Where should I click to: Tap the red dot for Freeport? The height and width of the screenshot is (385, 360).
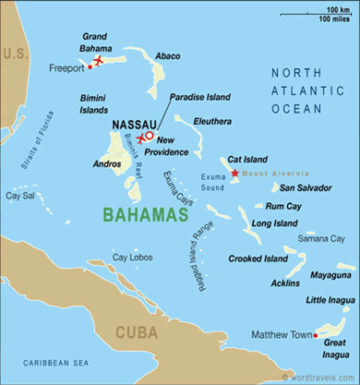tap(90, 66)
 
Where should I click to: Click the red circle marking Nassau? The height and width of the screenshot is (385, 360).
tap(149, 135)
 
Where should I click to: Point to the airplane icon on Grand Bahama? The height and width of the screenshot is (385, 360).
tap(99, 61)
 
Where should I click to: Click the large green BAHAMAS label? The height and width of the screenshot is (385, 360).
tap(140, 216)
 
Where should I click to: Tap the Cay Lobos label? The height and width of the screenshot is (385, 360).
tap(130, 257)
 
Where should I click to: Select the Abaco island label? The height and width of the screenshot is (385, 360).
tap(167, 57)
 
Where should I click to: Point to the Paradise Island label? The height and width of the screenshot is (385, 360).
tap(199, 96)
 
